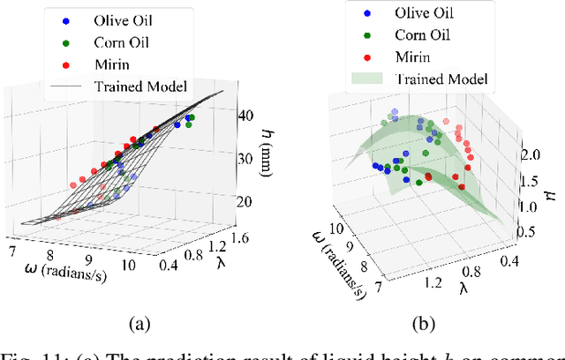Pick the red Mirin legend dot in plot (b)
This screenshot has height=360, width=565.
click(x=366, y=57)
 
